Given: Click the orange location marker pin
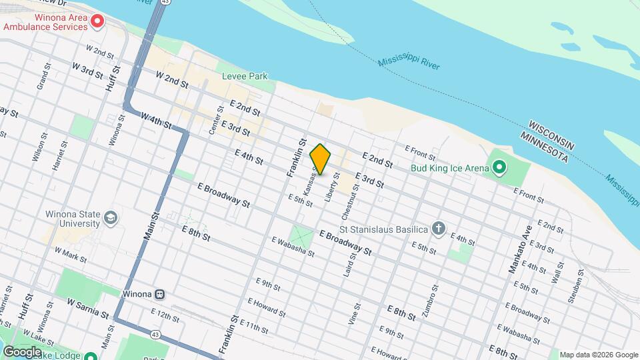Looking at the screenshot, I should [x=321, y=159].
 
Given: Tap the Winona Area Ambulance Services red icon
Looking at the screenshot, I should [x=97, y=21].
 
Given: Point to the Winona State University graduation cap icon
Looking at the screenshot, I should [x=110, y=218].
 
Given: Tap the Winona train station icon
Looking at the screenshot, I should [x=160, y=294].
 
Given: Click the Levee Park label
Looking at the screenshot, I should [x=245, y=76].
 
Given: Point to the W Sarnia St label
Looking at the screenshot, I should [x=88, y=307].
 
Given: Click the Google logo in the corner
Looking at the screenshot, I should [x=22, y=352].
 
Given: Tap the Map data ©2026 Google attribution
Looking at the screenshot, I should [x=598, y=355].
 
